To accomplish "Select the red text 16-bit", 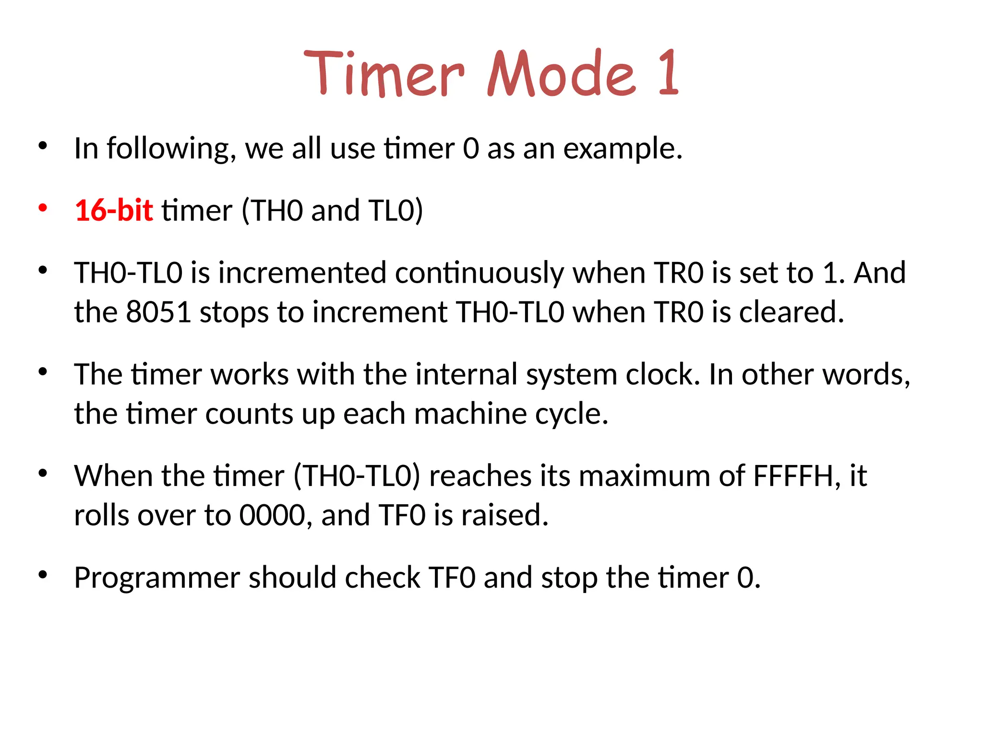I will click(x=114, y=210).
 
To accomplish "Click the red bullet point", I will click(x=43, y=208).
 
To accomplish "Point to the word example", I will click(x=622, y=149).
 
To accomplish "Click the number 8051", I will click(x=158, y=312).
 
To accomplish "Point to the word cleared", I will click(x=791, y=312).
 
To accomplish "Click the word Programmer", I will click(x=156, y=578).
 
